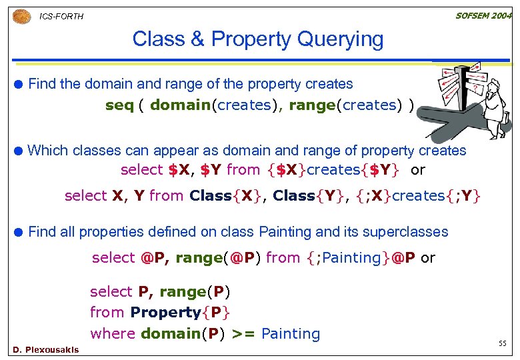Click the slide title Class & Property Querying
click(258, 39)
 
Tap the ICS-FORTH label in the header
click(62, 16)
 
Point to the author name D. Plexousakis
click(45, 349)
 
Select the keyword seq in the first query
click(119, 105)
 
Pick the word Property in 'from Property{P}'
click(165, 312)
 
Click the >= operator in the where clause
click(243, 333)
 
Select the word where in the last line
click(113, 333)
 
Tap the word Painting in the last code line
click(291, 333)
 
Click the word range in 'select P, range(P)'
click(182, 291)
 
